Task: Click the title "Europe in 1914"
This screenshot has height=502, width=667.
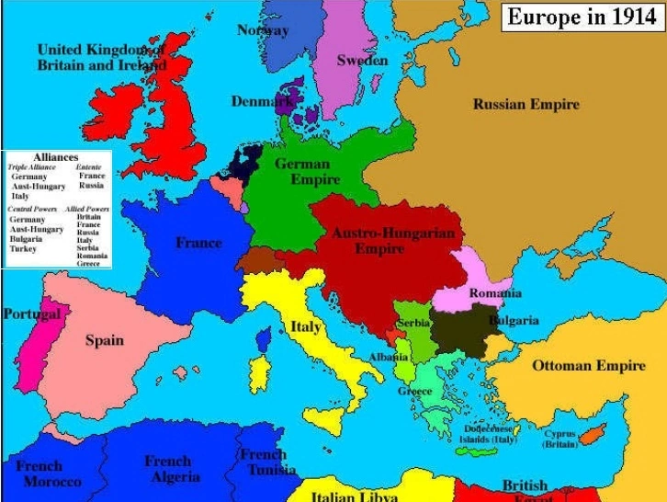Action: tap(582, 17)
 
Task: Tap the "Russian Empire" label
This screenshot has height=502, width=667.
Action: tap(526, 104)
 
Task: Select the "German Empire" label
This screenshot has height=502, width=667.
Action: tap(303, 172)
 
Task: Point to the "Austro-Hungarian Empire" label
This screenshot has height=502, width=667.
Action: tap(392, 241)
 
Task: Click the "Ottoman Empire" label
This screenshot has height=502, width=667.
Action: tap(589, 366)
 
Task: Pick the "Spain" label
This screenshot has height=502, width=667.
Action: tap(104, 340)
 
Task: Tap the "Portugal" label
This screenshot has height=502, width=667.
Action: tap(31, 314)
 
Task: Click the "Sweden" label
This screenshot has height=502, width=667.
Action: tap(362, 61)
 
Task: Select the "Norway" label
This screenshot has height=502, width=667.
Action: tap(263, 30)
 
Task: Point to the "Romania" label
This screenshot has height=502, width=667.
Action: tap(495, 293)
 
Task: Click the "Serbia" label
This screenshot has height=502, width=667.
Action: tap(413, 324)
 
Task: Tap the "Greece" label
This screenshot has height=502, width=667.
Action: tap(414, 391)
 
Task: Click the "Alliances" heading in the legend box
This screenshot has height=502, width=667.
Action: tap(55, 157)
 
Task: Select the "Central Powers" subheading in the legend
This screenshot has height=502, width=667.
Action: tap(32, 209)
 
